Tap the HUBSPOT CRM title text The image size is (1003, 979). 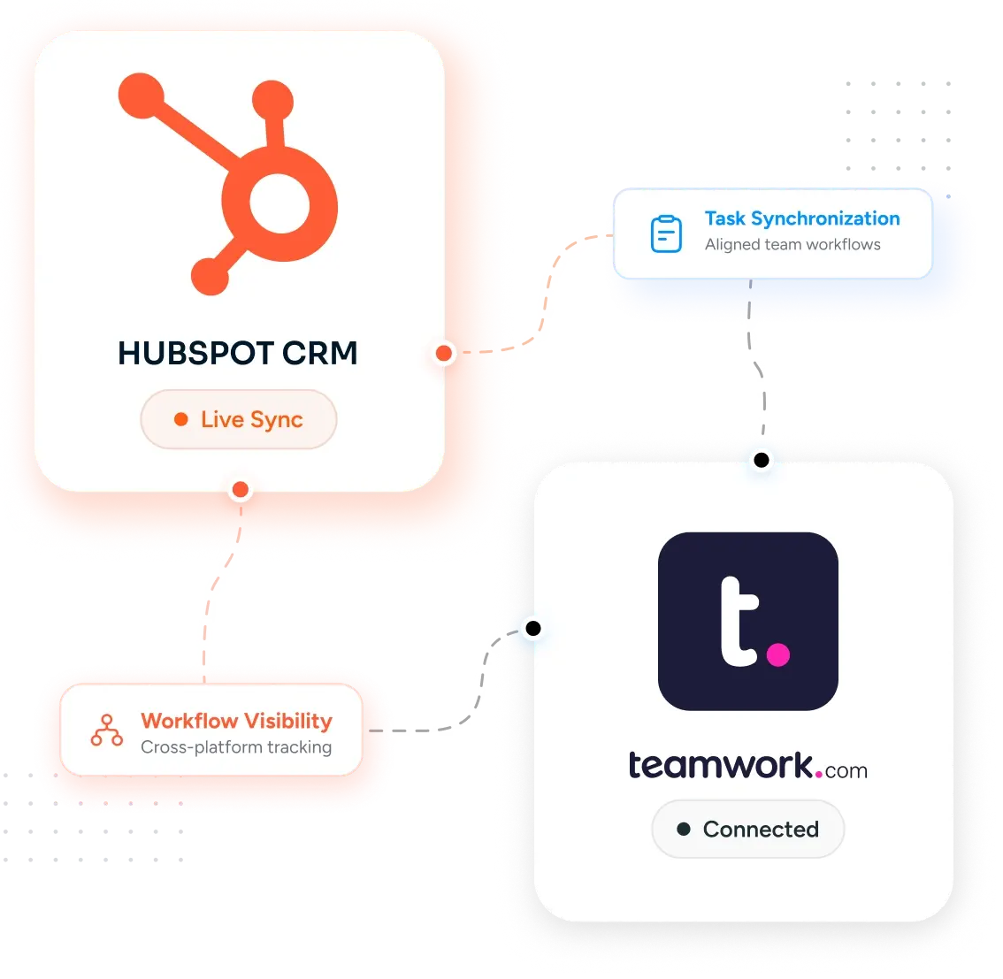[237, 353]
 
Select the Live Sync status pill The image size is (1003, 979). [239, 419]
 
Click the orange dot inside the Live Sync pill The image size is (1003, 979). [181, 419]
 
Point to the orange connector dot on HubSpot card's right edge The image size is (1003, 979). [444, 353]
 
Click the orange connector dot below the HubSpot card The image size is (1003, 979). [241, 490]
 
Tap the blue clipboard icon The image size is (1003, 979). [666, 233]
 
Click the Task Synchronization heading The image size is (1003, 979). [802, 218]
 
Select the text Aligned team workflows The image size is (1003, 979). [792, 245]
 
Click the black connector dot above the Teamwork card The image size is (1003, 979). [762, 460]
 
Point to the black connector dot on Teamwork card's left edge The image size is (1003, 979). [533, 629]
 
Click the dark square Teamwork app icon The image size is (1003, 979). [747, 621]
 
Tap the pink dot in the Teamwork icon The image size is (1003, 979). [777, 654]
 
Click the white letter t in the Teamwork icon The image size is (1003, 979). [739, 622]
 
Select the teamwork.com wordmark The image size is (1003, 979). [747, 765]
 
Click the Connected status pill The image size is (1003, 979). [747, 830]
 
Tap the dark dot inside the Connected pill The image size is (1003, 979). [684, 830]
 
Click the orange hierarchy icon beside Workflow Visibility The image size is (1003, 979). [107, 730]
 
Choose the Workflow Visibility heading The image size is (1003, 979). [237, 722]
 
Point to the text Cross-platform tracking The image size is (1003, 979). [236, 747]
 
